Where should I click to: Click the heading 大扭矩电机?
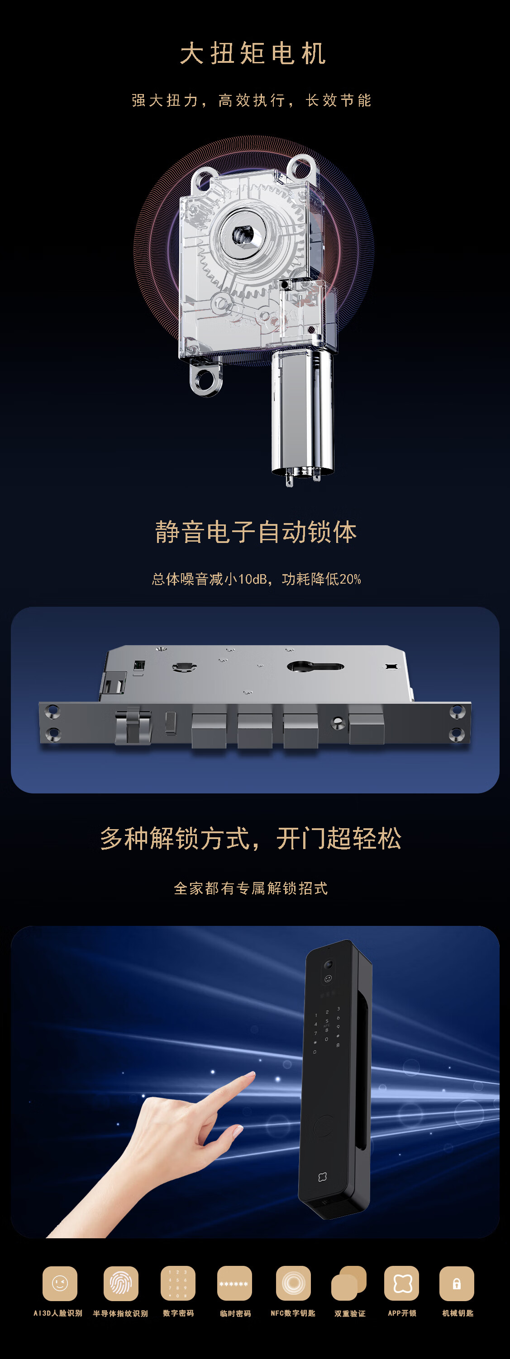point(253,54)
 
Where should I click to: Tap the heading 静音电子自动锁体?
point(256,532)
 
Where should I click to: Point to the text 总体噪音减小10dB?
point(210,579)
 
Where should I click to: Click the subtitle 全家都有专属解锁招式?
point(251,888)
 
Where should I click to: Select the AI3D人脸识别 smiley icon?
point(60,1283)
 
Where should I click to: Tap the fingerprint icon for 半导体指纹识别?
point(121,1283)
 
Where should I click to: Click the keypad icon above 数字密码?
point(178,1283)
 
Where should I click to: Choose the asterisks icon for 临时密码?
point(234,1283)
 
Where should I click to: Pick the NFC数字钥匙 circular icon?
point(294,1283)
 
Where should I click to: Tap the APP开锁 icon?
point(402,1283)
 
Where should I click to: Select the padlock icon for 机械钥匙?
point(457,1283)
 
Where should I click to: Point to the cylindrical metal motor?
point(302,414)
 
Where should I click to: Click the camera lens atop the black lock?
point(328,964)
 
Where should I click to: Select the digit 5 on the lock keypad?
point(327,1021)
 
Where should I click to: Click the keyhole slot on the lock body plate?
point(315,667)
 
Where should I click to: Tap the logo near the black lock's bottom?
point(323,1177)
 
